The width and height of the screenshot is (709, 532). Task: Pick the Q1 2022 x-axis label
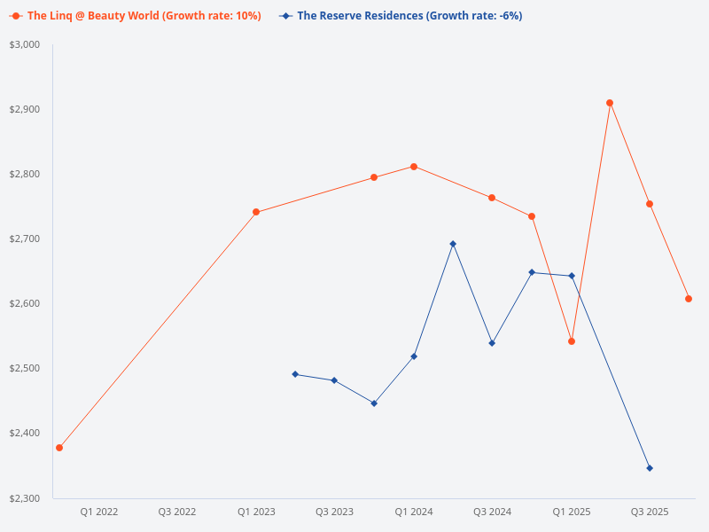[x=99, y=512]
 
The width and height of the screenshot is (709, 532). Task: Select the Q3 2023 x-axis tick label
[x=334, y=512]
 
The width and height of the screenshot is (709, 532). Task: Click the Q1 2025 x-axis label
[x=572, y=512]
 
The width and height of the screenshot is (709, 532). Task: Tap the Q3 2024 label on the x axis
[x=492, y=512]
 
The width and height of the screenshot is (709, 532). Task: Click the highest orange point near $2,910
[x=610, y=103]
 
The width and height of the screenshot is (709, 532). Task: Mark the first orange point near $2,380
[x=59, y=448]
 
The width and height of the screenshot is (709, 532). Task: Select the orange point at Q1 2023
[x=256, y=212]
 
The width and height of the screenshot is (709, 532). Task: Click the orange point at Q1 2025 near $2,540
[x=572, y=341]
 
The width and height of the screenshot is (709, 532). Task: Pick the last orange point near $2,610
[x=689, y=299]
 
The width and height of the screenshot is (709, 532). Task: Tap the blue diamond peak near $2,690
[x=453, y=244]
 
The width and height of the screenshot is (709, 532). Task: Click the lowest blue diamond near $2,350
[x=650, y=468]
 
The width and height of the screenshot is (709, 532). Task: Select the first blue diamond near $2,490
[x=295, y=374]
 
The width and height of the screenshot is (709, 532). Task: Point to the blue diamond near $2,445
[x=374, y=403]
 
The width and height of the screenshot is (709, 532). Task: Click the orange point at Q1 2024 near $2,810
[x=414, y=167]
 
